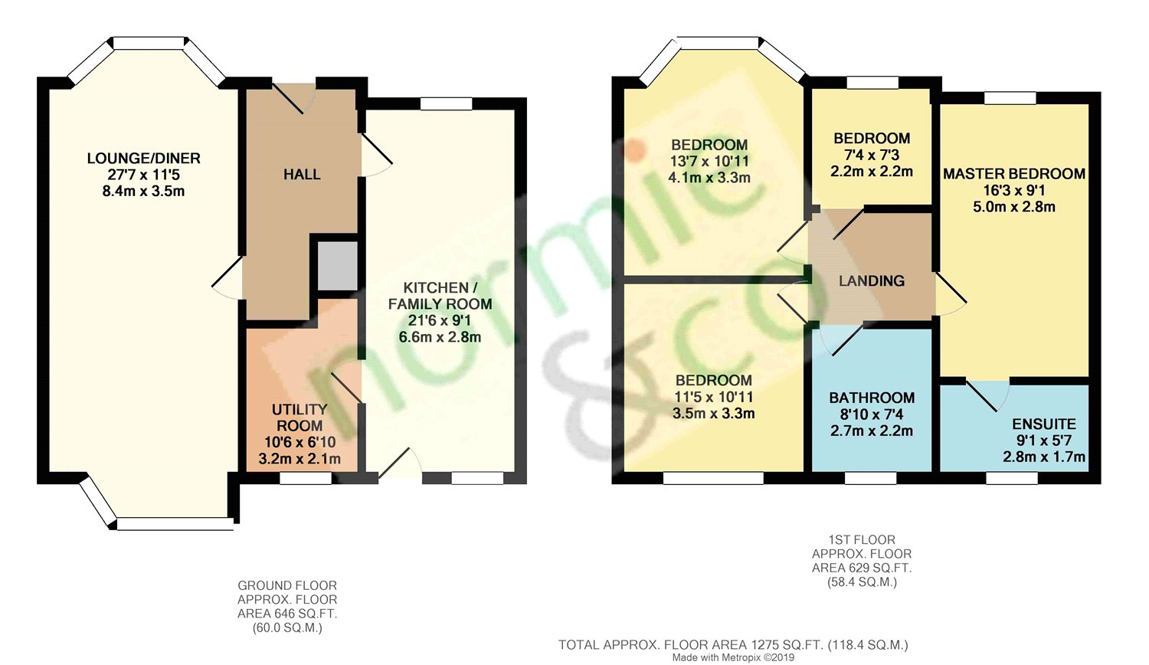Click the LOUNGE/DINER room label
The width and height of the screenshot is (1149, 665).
coord(144,158)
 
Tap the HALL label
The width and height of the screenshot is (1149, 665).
coord(302,175)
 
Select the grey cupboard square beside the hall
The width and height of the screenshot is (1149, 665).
coord(337,267)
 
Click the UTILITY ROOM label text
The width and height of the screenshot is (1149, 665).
coord(300,418)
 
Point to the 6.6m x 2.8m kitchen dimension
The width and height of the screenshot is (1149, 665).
coord(440,337)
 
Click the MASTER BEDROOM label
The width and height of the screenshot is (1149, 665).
coord(1014,174)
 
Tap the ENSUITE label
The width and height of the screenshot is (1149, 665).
coord(1044,424)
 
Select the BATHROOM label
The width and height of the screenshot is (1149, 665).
coord(872,398)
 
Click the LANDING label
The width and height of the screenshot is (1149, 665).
coord(872,280)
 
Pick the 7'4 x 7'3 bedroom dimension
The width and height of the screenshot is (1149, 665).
coord(872,155)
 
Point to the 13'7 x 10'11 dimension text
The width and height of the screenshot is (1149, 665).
coord(709,161)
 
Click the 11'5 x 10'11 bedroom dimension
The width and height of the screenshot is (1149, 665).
coord(713,397)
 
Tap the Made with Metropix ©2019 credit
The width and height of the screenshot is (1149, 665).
coord(734,657)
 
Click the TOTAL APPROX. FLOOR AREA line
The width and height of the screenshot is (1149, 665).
coord(734,645)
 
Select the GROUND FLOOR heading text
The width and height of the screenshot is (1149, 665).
coord(287,585)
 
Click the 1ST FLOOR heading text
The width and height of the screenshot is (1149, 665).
coord(862,540)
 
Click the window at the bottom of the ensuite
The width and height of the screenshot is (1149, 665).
coord(1012,478)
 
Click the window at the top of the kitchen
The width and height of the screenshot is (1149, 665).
coord(446,103)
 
